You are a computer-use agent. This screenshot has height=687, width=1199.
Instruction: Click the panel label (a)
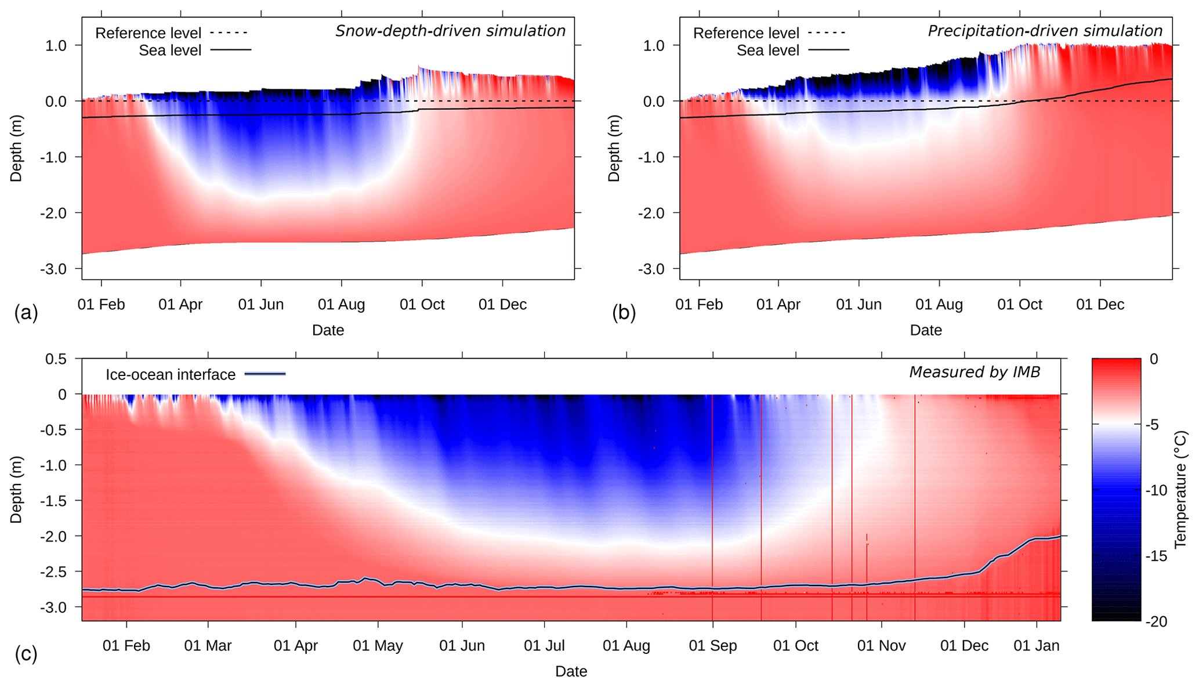tap(26, 313)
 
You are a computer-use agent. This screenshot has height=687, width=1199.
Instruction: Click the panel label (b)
tap(624, 313)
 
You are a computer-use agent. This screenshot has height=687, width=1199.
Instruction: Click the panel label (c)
tap(26, 654)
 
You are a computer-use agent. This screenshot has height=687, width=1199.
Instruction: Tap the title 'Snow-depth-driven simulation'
tap(450, 31)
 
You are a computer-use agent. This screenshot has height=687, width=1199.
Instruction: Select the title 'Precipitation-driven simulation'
tap(1045, 31)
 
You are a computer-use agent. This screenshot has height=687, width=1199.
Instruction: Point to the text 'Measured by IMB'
tap(975, 372)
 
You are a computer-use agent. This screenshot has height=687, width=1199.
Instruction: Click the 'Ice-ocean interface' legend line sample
tap(265, 374)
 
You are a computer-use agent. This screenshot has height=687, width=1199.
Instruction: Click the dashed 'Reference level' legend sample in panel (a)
tap(229, 32)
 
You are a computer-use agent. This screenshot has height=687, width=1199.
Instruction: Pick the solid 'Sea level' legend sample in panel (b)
tap(828, 50)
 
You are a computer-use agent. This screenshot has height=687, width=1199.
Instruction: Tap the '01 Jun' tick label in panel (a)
tap(261, 305)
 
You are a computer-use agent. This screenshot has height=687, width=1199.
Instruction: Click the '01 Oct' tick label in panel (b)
tap(1020, 305)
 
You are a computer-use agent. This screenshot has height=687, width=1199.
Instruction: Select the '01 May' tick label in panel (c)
tap(378, 646)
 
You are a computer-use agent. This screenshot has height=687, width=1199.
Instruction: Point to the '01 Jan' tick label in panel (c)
tap(1037, 646)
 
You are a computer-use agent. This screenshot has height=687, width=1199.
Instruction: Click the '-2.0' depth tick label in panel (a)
tap(53, 214)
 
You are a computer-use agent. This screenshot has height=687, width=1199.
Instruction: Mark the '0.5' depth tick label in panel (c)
tap(56, 359)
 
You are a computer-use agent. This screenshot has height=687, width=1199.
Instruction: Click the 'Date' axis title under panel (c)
tap(571, 671)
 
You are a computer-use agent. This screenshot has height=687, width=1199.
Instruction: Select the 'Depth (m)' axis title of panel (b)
tap(614, 148)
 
